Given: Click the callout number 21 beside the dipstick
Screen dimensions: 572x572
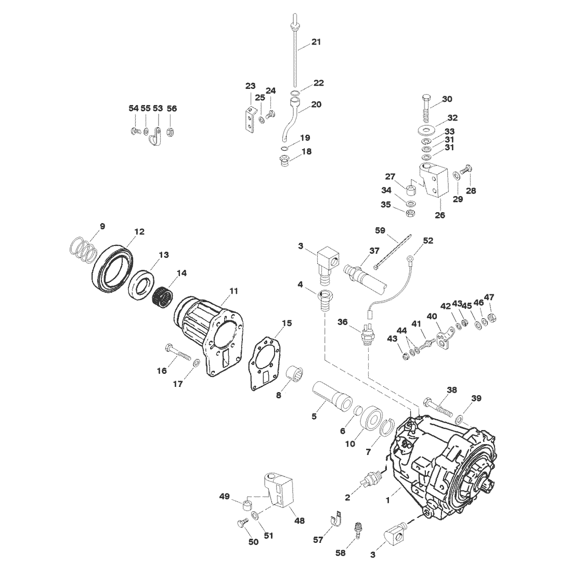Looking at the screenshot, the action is (316, 42).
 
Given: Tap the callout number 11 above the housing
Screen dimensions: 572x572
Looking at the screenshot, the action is (233, 291).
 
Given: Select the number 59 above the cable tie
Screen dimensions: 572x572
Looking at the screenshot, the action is (380, 230).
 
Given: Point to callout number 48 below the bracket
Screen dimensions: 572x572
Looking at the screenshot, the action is (299, 521).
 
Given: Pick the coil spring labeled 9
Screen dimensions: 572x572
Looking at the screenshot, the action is (83, 250).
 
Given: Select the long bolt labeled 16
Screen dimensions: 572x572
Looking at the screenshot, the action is (178, 353).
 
